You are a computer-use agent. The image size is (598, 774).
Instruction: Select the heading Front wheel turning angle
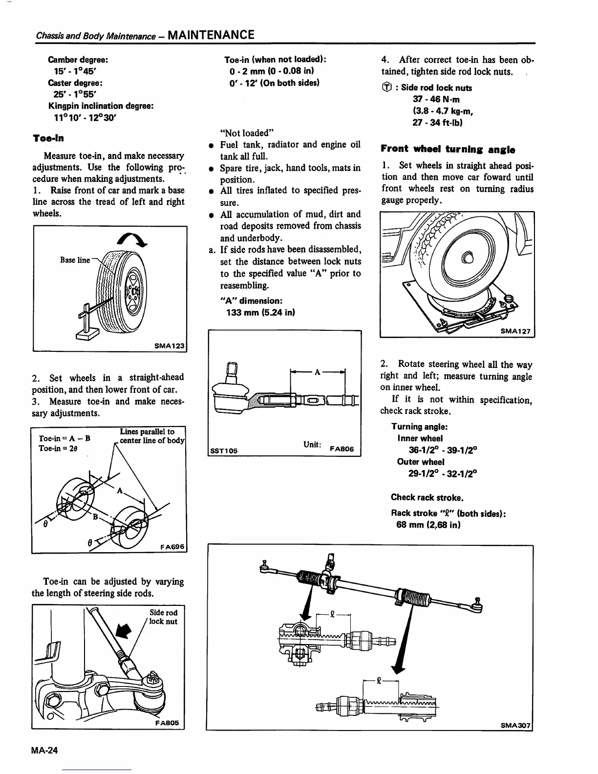(448, 149)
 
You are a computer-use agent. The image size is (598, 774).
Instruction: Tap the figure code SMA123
(170, 345)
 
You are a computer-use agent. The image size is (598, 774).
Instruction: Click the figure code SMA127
(516, 331)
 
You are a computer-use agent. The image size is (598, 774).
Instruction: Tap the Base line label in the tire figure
(75, 260)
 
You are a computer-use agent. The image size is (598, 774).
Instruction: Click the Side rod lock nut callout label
(163, 617)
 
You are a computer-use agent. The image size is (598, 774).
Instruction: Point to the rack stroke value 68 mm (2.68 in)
(428, 525)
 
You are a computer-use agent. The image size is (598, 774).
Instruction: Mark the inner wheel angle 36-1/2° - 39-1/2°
(442, 450)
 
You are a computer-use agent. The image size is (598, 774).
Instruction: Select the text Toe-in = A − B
(64, 438)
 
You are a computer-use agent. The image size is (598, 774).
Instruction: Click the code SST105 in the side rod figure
(223, 451)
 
